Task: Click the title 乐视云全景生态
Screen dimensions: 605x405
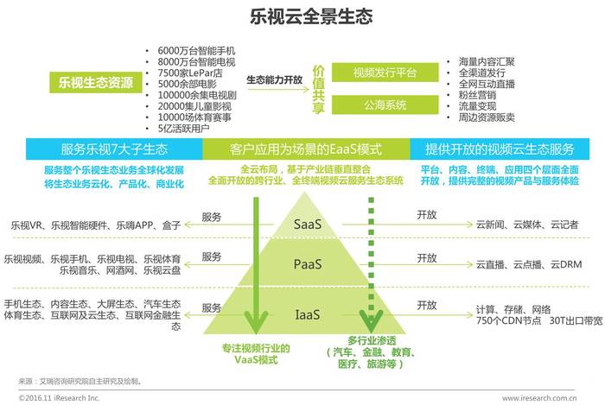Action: pos(311,16)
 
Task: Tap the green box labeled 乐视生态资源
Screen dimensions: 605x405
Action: pos(95,82)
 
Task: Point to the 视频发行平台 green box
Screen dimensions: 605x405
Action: pos(385,73)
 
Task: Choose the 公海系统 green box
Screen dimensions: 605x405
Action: pos(385,104)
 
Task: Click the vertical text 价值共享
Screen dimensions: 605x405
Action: pos(318,90)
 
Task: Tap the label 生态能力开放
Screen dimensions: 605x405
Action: pos(274,79)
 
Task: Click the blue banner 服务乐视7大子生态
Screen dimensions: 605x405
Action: pos(114,149)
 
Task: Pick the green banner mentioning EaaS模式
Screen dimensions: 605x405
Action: pos(306,149)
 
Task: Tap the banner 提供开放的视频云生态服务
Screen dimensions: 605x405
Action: pos(500,149)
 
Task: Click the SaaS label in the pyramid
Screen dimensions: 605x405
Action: pos(308,224)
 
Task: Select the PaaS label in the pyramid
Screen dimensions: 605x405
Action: pos(308,264)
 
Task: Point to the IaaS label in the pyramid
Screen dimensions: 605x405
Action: pos(308,314)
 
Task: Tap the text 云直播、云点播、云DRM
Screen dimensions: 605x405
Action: pos(529,264)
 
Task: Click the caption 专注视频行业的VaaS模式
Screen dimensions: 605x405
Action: pos(256,354)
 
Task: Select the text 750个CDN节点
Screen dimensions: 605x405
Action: pos(508,320)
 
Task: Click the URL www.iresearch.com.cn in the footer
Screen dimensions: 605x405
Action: pos(539,398)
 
